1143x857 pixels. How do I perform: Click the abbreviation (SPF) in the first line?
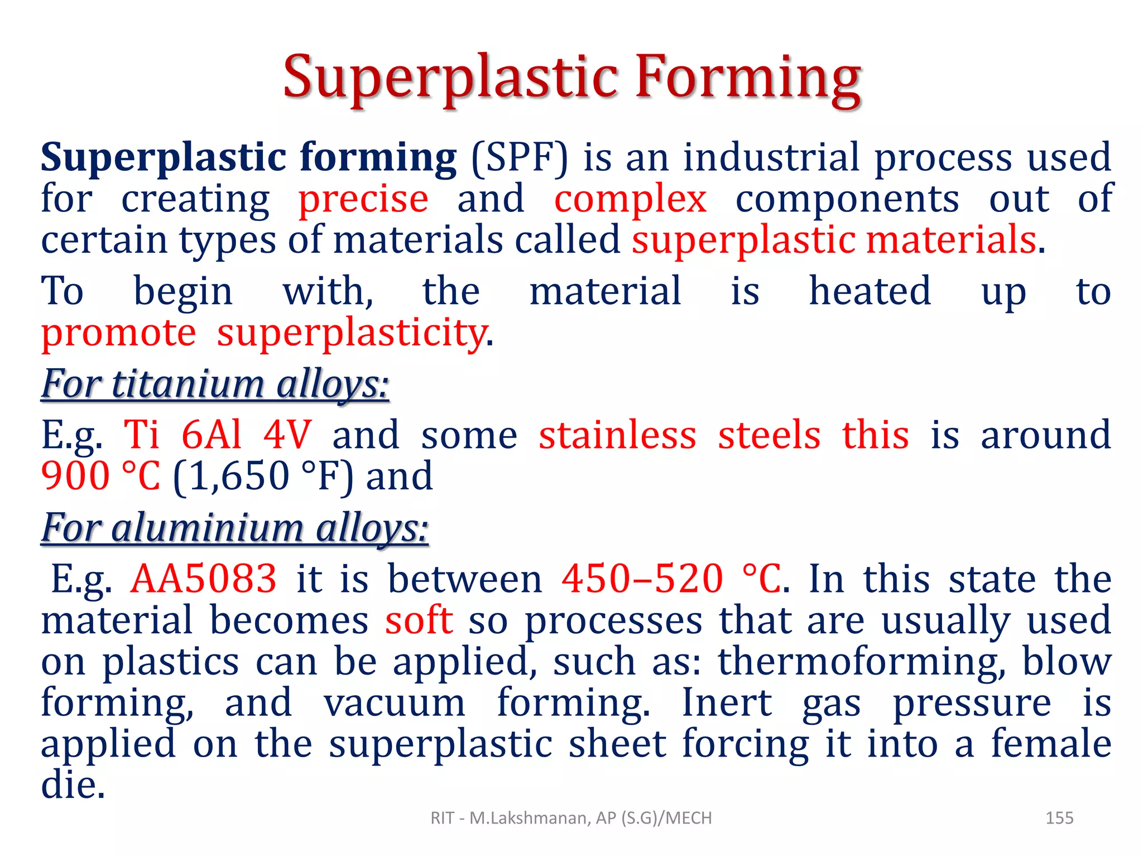(x=519, y=157)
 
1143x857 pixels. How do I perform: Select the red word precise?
(x=363, y=199)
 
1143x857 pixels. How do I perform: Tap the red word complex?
(x=630, y=199)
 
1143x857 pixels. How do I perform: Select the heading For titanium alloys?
(x=215, y=384)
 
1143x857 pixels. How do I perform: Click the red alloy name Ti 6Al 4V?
(x=218, y=435)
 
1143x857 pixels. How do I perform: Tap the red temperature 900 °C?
(x=100, y=476)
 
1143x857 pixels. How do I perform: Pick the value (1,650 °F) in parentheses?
(x=263, y=476)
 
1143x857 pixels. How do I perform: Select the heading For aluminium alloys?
(x=235, y=528)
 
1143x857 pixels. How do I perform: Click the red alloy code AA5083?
(x=203, y=579)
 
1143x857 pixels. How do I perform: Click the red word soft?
(x=419, y=620)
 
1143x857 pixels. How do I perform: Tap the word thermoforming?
(x=862, y=662)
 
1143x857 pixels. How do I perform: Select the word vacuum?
(x=394, y=703)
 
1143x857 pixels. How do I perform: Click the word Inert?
(x=727, y=703)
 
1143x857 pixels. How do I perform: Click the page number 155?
(x=1059, y=818)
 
